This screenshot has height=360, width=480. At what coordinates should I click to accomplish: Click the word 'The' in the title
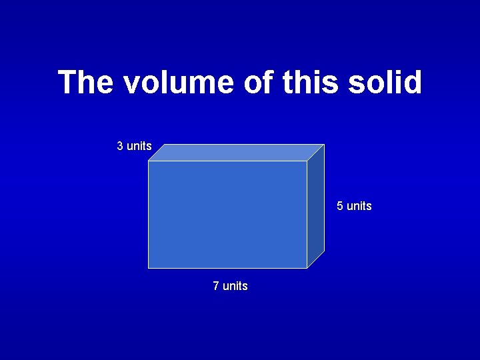point(85,83)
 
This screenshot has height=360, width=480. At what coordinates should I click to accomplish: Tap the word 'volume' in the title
point(171,83)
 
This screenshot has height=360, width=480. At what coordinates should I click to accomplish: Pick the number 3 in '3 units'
point(120,146)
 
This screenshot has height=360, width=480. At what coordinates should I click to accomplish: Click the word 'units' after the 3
point(139,146)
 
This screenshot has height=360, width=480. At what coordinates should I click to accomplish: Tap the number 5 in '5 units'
point(340,206)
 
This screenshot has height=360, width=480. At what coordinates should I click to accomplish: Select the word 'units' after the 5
point(359,206)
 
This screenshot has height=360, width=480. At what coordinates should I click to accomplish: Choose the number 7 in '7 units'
point(216,286)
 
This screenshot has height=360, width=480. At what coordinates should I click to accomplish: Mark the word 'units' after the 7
point(235,286)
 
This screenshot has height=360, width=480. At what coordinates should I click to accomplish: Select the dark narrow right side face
point(316,206)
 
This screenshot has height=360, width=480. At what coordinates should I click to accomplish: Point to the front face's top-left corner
point(148,161)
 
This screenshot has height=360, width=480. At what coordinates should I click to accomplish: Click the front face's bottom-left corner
point(148,268)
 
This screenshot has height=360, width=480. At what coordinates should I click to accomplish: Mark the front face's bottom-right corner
point(307,268)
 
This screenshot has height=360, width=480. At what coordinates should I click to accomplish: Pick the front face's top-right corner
point(307,161)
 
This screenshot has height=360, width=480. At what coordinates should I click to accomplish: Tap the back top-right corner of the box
point(324,145)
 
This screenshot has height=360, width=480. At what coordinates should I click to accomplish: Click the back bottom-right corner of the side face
point(324,251)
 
